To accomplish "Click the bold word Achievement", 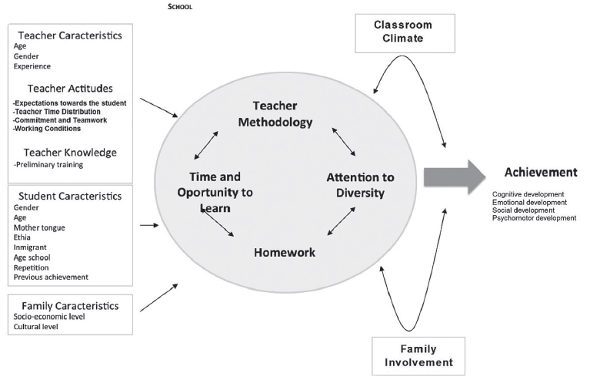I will [541, 172].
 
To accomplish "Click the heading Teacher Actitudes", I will [70, 89].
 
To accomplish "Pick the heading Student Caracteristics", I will [69, 196].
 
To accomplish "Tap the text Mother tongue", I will [39, 227].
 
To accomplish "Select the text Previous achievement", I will [51, 277].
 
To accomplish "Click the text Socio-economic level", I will [49, 317].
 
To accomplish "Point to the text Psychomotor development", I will [534, 218].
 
